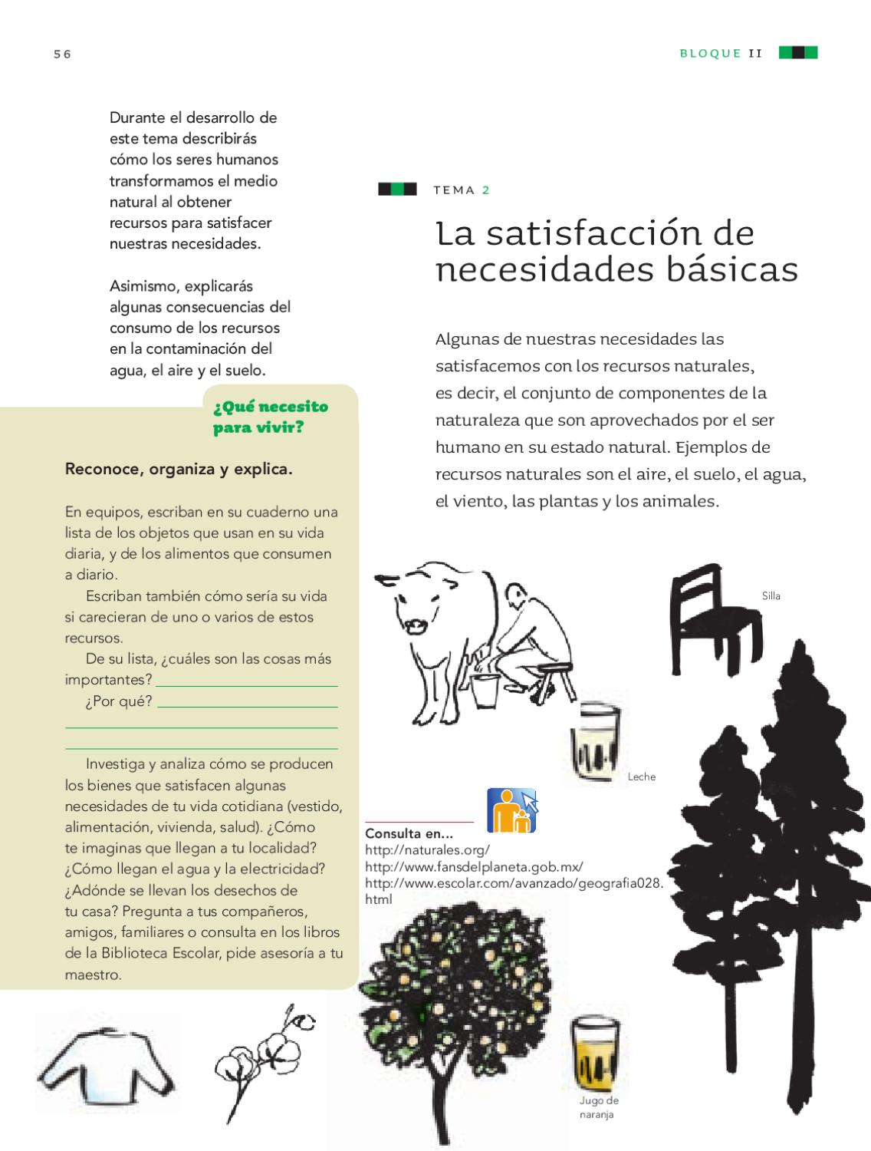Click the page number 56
point(62,54)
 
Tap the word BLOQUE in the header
point(710,54)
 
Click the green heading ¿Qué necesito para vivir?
point(270,417)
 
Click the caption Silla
point(771,596)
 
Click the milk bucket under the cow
point(484,691)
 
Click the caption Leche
point(641,777)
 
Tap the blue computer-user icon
point(512,810)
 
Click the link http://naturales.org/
point(427,850)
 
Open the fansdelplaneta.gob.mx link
point(474,866)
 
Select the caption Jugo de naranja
point(598,1108)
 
